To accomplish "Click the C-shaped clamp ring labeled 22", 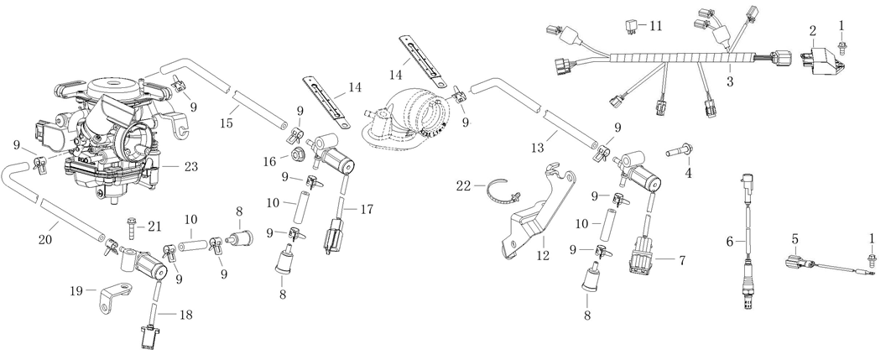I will [500, 192].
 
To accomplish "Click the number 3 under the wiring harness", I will [730, 81].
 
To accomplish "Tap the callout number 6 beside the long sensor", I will [730, 241].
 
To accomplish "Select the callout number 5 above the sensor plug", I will [794, 239].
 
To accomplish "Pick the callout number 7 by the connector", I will [682, 261].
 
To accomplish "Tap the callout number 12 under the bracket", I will [543, 254].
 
